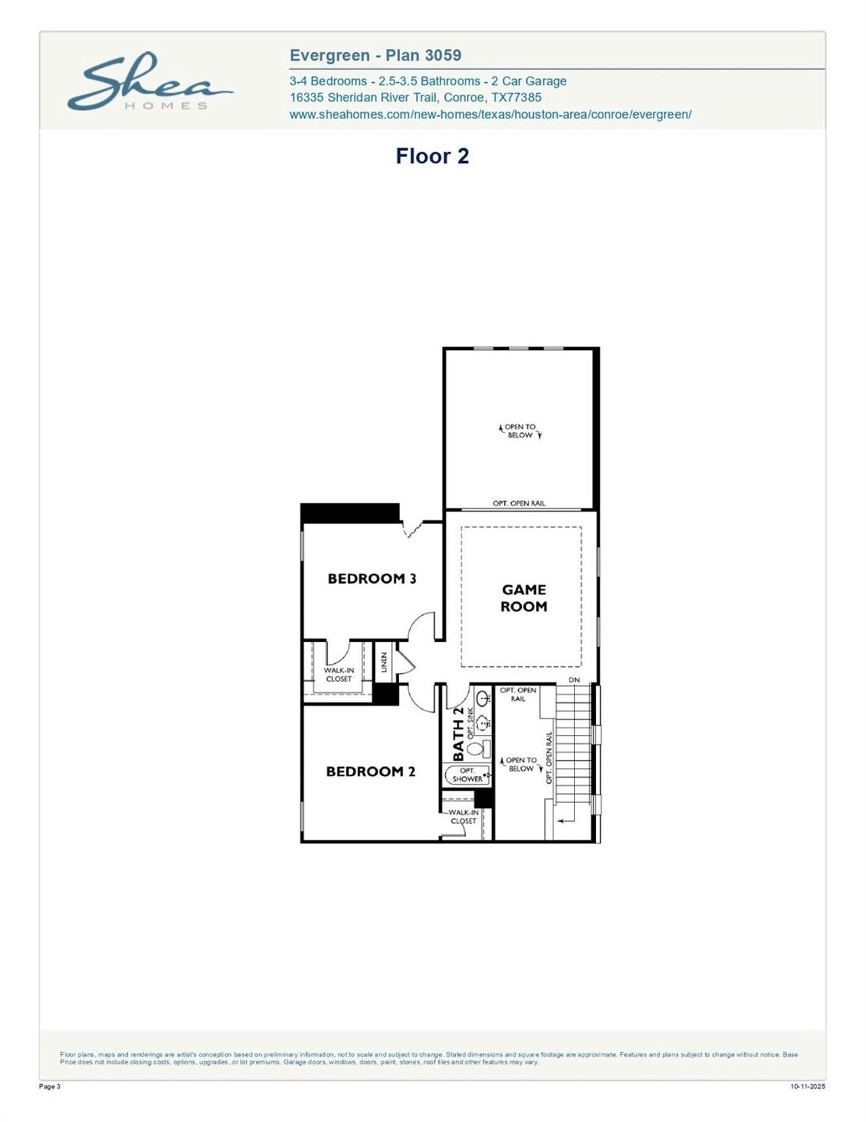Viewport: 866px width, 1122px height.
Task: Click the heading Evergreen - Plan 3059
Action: click(375, 55)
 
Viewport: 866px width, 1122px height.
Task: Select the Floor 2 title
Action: click(432, 156)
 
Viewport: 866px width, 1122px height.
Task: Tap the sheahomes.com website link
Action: click(490, 114)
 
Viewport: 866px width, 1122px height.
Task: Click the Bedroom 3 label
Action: click(371, 579)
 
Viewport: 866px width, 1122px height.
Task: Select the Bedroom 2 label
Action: click(370, 771)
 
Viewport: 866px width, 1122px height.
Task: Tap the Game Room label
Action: click(524, 598)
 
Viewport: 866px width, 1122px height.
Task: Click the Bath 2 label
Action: click(458, 734)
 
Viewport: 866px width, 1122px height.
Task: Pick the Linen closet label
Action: click(384, 662)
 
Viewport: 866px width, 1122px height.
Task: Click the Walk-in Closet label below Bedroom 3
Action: click(338, 675)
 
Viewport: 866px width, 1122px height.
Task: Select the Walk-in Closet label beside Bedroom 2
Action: click(463, 817)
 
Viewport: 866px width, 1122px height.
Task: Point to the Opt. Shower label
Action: click(467, 775)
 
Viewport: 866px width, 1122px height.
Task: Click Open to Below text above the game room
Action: click(520, 431)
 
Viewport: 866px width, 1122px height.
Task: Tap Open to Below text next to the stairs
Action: click(521, 765)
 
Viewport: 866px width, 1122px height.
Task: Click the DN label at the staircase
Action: click(574, 679)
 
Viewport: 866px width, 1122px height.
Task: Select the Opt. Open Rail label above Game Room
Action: click(518, 503)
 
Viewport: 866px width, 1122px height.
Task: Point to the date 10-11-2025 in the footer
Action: click(808, 1087)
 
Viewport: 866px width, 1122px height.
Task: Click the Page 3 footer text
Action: click(51, 1087)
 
